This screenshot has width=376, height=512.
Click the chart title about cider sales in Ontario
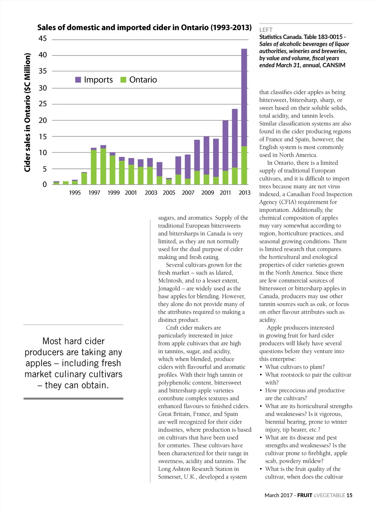(x=144, y=28)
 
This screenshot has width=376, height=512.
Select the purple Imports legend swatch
(x=78, y=80)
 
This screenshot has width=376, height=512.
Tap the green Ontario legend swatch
(x=123, y=80)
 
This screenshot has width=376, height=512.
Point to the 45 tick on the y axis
(x=43, y=39)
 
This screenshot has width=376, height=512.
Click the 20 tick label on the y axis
(x=43, y=120)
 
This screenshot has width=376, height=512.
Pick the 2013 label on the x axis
(x=245, y=193)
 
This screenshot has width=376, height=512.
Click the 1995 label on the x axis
(x=75, y=193)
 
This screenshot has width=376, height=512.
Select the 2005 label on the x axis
(x=169, y=193)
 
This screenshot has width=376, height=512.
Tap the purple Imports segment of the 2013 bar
(x=244, y=97)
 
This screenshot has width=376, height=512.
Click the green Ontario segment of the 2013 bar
(x=244, y=165)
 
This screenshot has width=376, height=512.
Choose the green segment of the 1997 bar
(x=94, y=167)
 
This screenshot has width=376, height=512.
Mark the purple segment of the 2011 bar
(x=225, y=145)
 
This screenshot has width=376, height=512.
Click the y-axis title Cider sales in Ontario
(x=27, y=113)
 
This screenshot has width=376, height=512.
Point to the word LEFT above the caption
(x=266, y=30)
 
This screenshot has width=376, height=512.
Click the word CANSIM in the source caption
(x=334, y=65)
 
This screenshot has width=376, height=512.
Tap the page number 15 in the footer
(x=349, y=495)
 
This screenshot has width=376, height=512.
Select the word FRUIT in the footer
(x=305, y=495)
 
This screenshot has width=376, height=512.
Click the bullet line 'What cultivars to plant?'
(x=295, y=367)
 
